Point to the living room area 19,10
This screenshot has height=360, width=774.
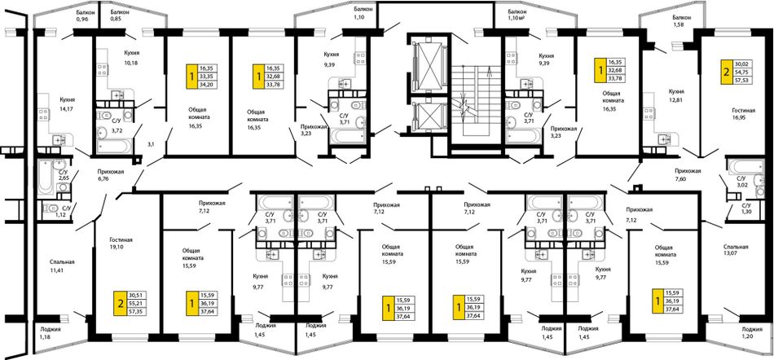click(117, 248)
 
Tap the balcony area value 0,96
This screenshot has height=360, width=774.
click(82, 19)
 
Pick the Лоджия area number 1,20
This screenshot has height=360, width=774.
click(748, 338)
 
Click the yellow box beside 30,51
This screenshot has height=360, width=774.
click(120, 303)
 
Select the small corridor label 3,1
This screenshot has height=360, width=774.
click(151, 144)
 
